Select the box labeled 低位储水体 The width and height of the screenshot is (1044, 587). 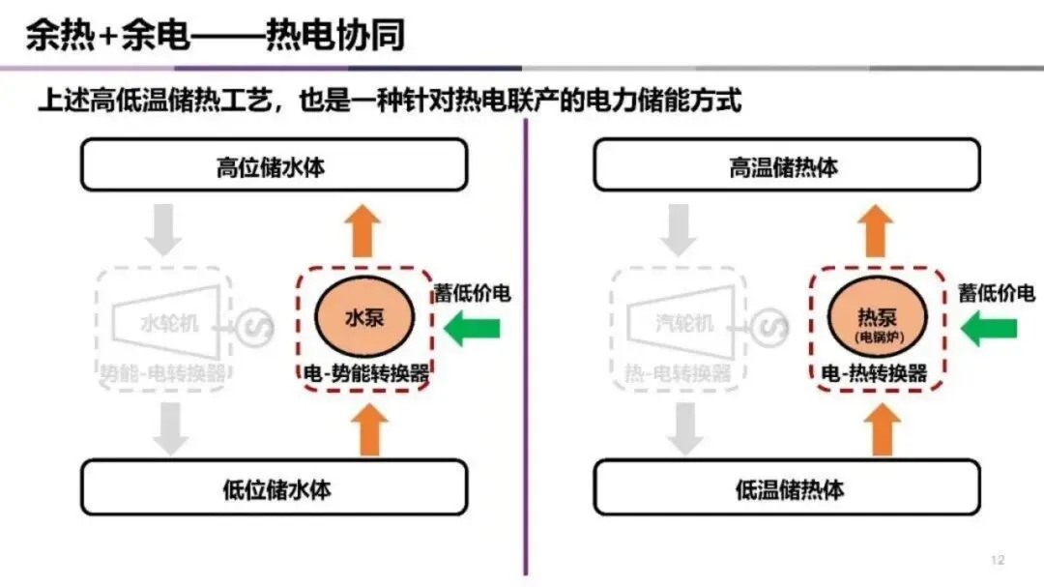point(274,487)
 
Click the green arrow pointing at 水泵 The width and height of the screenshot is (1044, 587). point(472,330)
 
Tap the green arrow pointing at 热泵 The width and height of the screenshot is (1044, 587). point(985,330)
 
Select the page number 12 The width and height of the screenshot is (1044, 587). point(998,560)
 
